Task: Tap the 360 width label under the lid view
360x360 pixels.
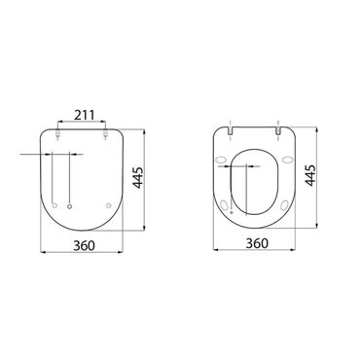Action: [85, 243]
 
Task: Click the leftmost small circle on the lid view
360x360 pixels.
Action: [56, 204]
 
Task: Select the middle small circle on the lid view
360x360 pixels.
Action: [72, 204]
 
